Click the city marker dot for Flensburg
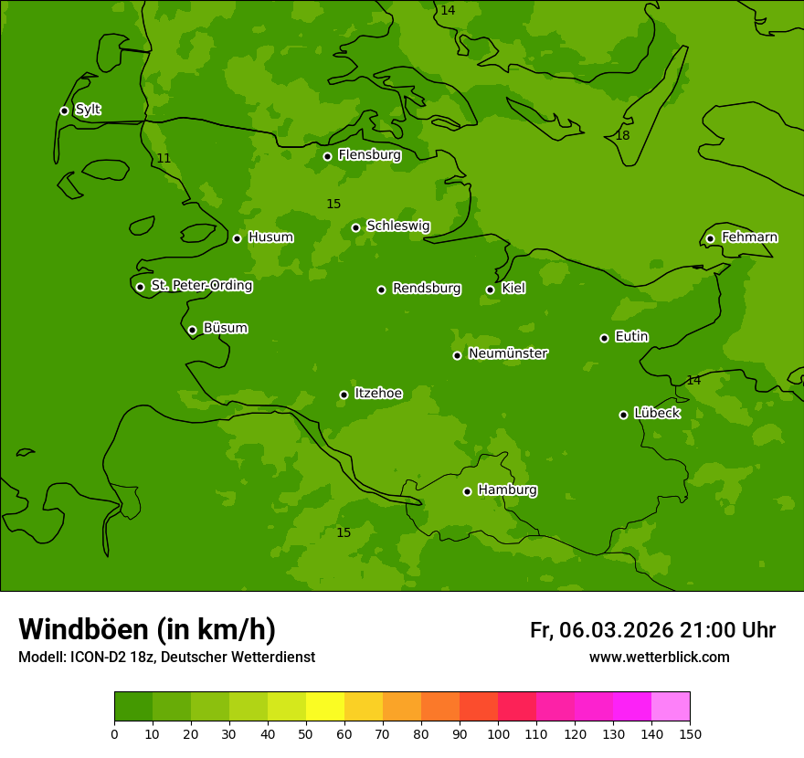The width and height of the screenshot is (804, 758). point(327,156)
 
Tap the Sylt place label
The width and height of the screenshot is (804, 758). point(88,110)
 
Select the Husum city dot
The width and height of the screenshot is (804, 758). point(237,238)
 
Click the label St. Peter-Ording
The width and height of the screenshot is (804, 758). point(201,286)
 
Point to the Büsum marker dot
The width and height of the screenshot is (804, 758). point(192,330)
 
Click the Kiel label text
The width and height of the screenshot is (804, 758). point(513,289)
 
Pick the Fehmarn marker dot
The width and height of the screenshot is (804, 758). point(710,238)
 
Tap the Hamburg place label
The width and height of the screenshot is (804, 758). point(507,490)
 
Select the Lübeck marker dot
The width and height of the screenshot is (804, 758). point(623,414)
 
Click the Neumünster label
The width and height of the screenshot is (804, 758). point(508,353)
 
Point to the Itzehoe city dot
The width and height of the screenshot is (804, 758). point(344,395)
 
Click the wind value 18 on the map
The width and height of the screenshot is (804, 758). point(622,136)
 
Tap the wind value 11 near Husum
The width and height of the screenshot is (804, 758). point(164,159)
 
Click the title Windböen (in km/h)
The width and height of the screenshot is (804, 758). point(147,629)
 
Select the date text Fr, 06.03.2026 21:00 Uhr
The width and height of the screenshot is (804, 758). point(652,630)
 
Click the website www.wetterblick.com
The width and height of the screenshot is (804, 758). point(659,657)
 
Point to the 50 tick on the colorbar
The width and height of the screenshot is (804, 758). point(306,733)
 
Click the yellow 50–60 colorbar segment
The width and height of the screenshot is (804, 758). point(325,706)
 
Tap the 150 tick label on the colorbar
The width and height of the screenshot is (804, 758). point(690,733)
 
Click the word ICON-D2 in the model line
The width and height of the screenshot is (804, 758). point(97,658)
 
